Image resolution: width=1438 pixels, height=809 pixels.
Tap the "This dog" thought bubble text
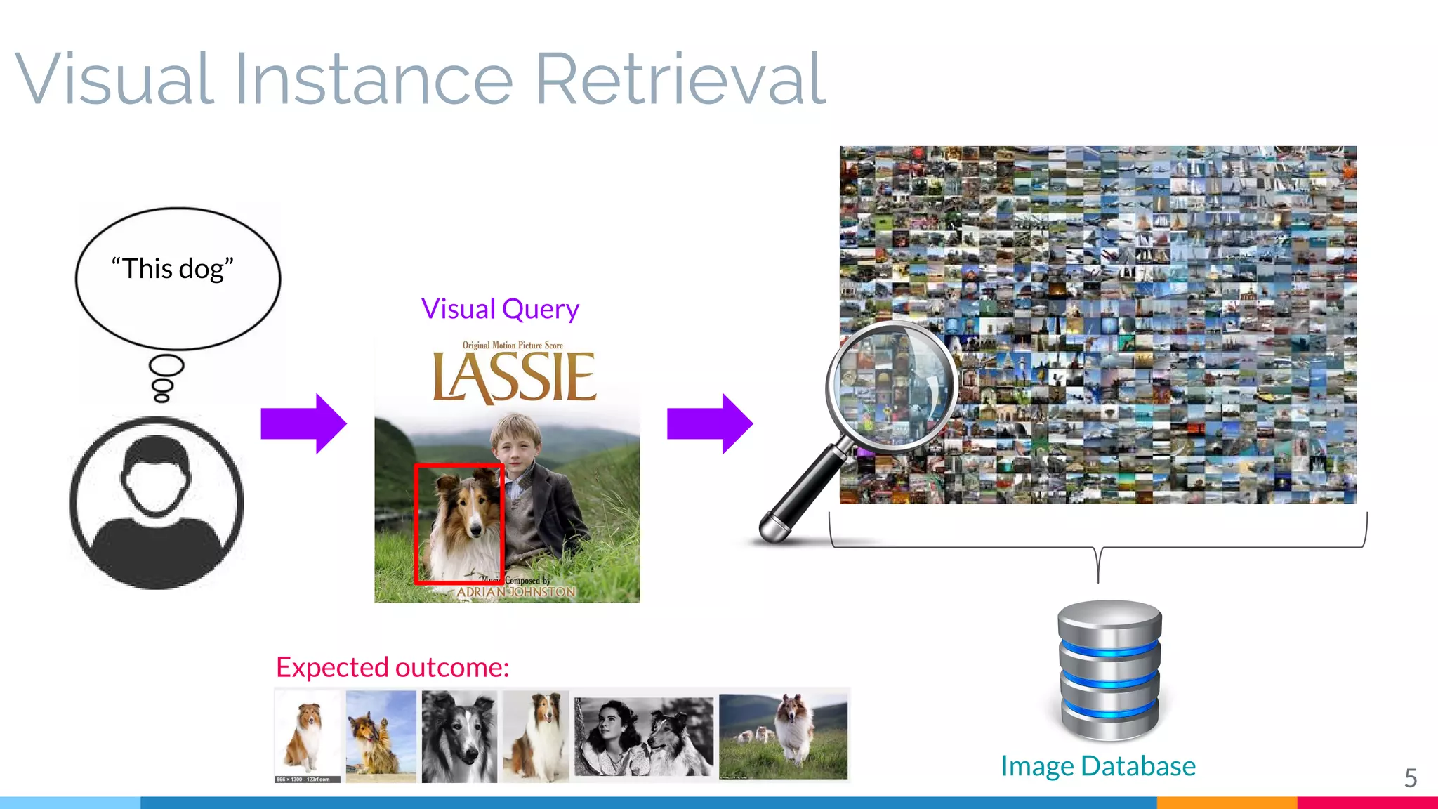pos(173,269)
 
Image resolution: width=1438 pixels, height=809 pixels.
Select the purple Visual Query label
pos(500,309)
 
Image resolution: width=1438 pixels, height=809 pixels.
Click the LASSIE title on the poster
pos(514,378)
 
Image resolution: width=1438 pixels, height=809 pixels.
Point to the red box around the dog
pos(416,523)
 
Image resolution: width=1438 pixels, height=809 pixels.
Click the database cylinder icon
pos(1109,671)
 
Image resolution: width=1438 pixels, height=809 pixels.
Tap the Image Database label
pos(1098,766)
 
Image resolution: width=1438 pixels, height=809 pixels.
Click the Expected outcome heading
pos(393,667)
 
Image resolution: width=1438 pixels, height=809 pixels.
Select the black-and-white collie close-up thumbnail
pos(459,736)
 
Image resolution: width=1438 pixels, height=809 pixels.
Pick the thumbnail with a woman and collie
pos(643,736)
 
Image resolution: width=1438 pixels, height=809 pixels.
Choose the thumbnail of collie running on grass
pos(784,736)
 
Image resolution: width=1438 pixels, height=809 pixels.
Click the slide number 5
pos(1411,778)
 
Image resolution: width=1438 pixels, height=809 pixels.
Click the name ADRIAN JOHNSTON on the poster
pos(516,593)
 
